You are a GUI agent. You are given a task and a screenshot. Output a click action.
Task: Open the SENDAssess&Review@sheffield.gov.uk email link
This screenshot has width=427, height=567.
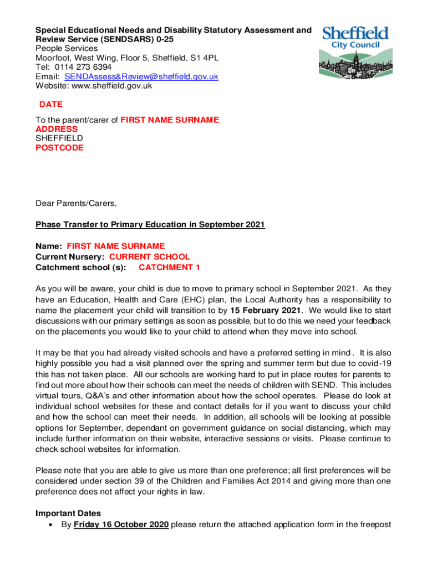[141, 76]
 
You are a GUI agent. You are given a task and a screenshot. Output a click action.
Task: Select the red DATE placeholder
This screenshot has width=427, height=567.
[51, 104]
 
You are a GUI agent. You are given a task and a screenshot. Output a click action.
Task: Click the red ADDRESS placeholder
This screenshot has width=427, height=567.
[57, 129]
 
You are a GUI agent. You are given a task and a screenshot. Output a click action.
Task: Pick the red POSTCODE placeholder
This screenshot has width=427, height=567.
[60, 148]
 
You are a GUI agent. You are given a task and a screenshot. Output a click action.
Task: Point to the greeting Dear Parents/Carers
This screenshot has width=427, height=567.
[76, 203]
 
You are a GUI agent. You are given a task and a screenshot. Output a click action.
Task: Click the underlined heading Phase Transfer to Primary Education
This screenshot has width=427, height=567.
[150, 224]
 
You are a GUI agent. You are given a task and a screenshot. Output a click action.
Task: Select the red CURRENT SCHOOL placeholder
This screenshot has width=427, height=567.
[150, 257]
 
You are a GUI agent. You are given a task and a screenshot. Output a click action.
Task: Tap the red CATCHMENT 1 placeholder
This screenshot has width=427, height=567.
[170, 267]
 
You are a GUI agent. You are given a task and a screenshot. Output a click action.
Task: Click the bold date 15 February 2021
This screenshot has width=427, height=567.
[266, 310]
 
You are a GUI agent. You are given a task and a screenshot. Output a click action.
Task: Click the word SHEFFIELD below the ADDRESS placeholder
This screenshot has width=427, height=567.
[59, 138]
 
